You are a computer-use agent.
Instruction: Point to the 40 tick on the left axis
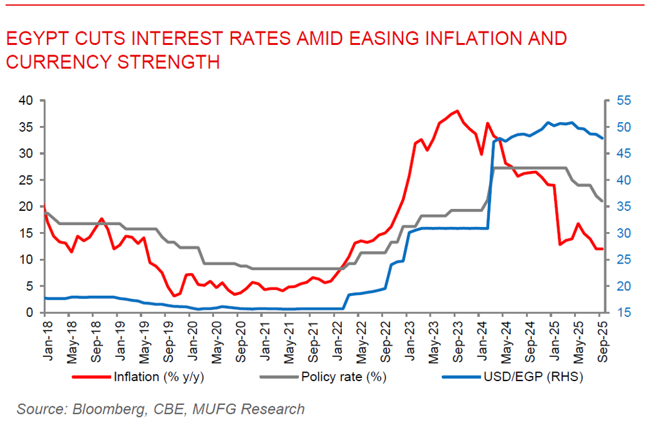coord(25,100)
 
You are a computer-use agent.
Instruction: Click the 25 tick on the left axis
coord(25,180)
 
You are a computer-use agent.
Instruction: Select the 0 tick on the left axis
coord(29,313)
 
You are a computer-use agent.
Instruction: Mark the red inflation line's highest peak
coord(456,111)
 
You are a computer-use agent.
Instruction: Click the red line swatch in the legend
coord(91,377)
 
